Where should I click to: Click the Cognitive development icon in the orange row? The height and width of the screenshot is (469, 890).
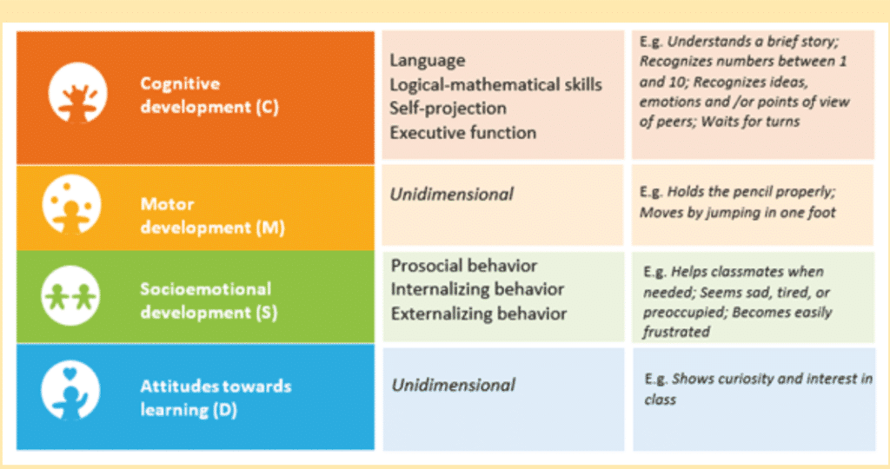(x=77, y=93)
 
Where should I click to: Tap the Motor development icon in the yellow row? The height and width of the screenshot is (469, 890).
(x=71, y=204)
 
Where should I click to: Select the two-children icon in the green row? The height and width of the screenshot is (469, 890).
(x=70, y=295)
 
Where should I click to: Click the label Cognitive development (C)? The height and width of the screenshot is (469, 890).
(x=209, y=96)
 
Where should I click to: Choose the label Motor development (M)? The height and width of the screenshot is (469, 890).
(x=212, y=215)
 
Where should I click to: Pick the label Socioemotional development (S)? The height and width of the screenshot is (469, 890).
(x=209, y=301)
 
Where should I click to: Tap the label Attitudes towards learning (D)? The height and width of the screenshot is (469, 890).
(x=216, y=398)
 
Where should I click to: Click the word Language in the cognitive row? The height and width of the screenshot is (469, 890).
(x=428, y=60)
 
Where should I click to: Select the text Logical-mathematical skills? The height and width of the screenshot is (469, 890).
(x=495, y=84)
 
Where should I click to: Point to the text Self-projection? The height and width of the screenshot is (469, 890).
(x=448, y=109)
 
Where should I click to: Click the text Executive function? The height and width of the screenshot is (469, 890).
(x=462, y=133)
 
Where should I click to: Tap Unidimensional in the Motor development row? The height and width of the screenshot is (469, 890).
(x=452, y=195)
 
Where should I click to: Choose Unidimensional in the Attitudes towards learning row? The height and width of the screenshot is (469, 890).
(x=454, y=385)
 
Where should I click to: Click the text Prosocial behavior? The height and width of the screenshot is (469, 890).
(x=464, y=266)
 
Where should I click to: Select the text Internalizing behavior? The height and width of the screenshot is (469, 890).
(x=477, y=289)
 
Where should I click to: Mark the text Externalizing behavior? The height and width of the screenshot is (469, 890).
(x=479, y=314)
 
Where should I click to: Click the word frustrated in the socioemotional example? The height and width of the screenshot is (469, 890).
(x=676, y=332)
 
